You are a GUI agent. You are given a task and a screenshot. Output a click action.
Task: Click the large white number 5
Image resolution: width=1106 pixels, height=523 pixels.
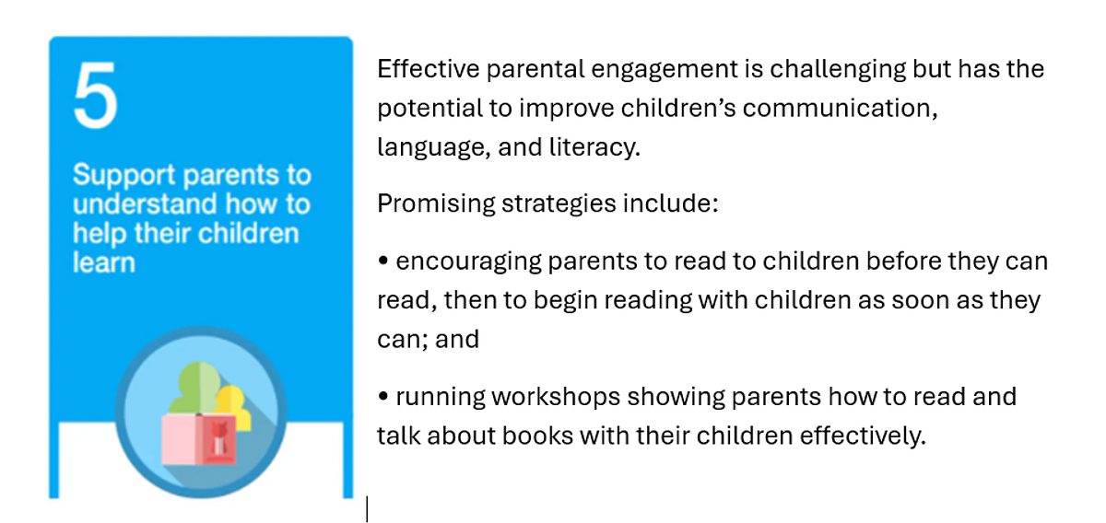[x=95, y=95]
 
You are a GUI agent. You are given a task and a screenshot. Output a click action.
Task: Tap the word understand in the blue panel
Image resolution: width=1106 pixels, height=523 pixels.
[x=145, y=203]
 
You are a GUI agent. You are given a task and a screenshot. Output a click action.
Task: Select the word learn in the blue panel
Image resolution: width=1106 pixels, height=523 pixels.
[x=103, y=261]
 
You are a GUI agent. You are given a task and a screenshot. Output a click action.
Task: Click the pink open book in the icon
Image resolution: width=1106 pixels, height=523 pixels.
[x=198, y=438]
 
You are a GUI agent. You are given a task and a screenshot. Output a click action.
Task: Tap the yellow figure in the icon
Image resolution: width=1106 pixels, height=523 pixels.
[x=233, y=405]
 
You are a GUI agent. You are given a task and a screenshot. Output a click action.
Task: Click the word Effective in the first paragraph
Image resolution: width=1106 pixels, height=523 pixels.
[x=428, y=68]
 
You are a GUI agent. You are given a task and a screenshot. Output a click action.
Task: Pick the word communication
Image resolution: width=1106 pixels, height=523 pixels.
[x=840, y=108]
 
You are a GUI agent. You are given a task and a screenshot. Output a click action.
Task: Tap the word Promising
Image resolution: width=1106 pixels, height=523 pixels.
[x=436, y=204]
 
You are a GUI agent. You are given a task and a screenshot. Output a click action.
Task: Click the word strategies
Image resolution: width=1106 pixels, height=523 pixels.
[x=559, y=204]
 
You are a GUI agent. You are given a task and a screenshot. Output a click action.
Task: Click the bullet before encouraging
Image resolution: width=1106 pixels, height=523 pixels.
[x=383, y=261]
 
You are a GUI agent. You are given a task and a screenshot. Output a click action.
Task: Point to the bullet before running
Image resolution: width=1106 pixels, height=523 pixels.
[x=383, y=396]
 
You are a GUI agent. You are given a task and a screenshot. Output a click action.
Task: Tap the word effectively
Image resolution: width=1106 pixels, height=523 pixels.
[x=863, y=436]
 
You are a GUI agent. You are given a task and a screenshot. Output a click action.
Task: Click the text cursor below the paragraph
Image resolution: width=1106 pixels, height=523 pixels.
[x=367, y=508]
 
